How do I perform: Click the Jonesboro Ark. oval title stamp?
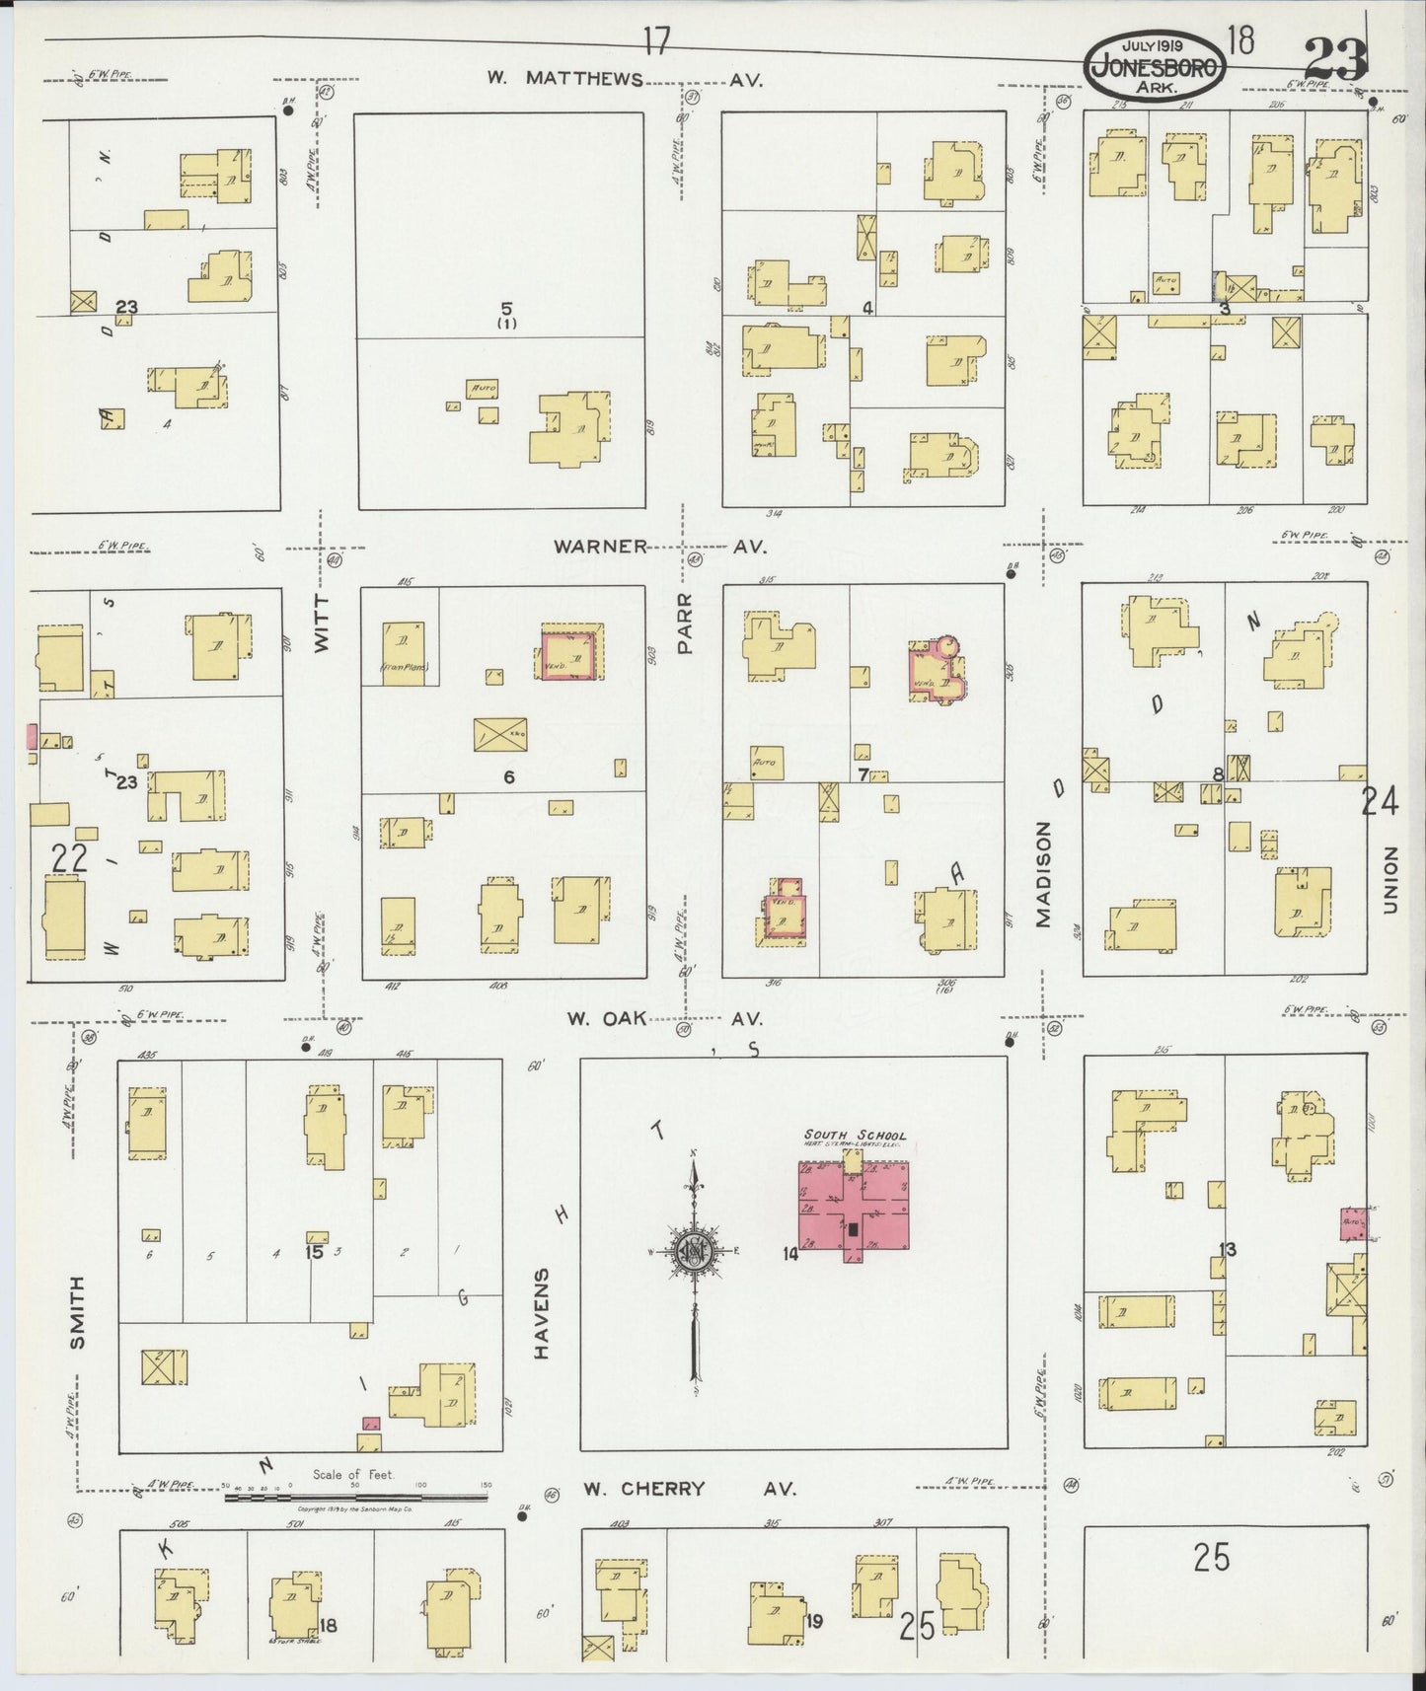[1158, 58]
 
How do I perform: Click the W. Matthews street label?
[564, 80]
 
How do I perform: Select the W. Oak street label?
[658, 1019]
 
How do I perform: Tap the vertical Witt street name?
[322, 627]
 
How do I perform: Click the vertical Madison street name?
[1044, 876]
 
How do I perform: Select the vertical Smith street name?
[79, 1313]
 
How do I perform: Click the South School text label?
[855, 1135]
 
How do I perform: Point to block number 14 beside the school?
[788, 1254]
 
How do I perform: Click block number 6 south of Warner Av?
[509, 777]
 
